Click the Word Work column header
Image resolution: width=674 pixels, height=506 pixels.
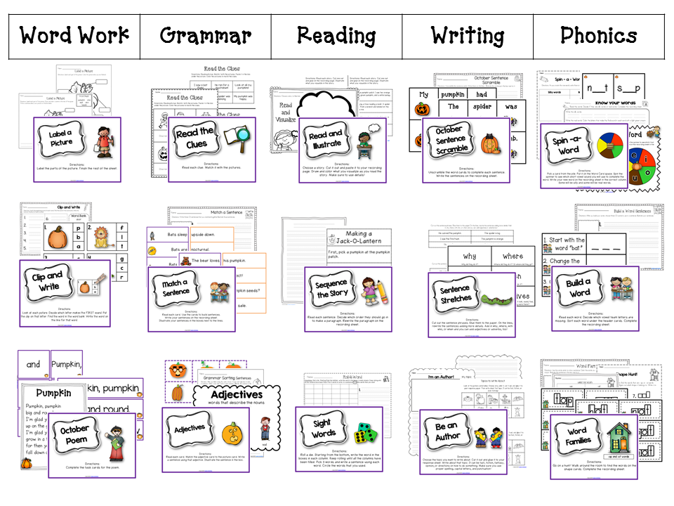pyautogui.click(x=74, y=36)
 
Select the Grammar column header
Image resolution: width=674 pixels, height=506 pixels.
pyautogui.click(x=205, y=36)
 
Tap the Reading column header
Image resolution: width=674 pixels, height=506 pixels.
pyautogui.click(x=337, y=36)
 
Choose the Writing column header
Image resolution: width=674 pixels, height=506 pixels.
pyautogui.click(x=468, y=36)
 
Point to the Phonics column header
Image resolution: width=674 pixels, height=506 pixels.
pyautogui.click(x=599, y=36)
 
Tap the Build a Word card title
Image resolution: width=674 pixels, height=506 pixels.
pyautogui.click(x=579, y=287)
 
